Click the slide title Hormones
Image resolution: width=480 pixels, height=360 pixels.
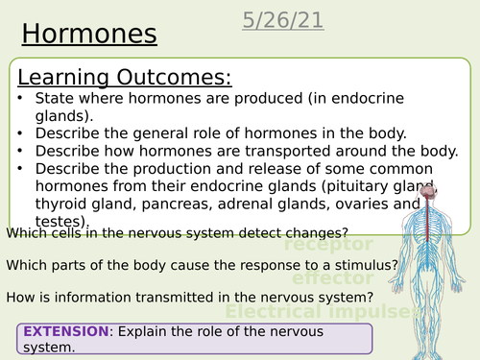[x=88, y=34]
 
